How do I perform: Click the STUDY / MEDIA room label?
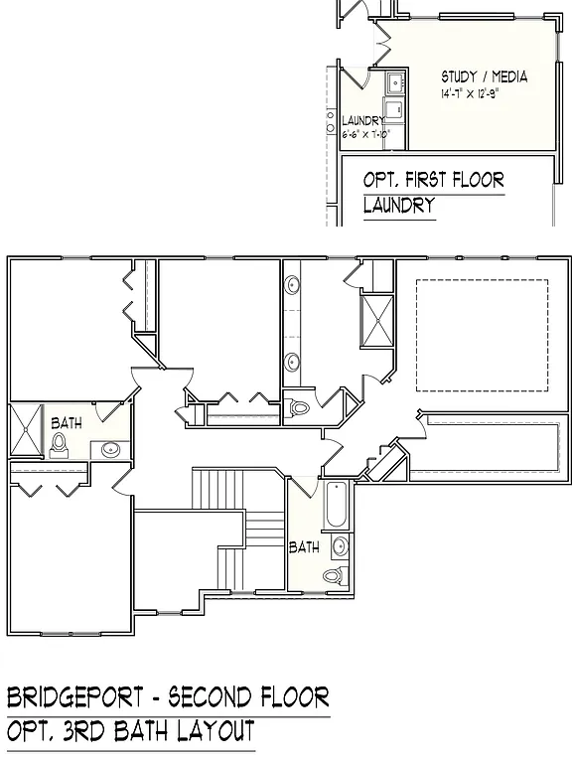(484, 76)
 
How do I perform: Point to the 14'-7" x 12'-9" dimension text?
(483, 94)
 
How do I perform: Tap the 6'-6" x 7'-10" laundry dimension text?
(365, 133)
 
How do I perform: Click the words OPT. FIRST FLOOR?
(433, 180)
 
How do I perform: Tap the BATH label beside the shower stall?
(67, 422)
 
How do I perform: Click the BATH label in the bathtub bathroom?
(304, 546)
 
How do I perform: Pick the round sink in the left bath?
(109, 451)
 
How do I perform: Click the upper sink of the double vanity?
(294, 287)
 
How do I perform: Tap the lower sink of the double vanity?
(294, 362)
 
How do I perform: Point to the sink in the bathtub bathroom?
(340, 545)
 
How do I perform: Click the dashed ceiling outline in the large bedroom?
(482, 335)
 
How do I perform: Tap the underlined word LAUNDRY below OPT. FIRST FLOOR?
(399, 207)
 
